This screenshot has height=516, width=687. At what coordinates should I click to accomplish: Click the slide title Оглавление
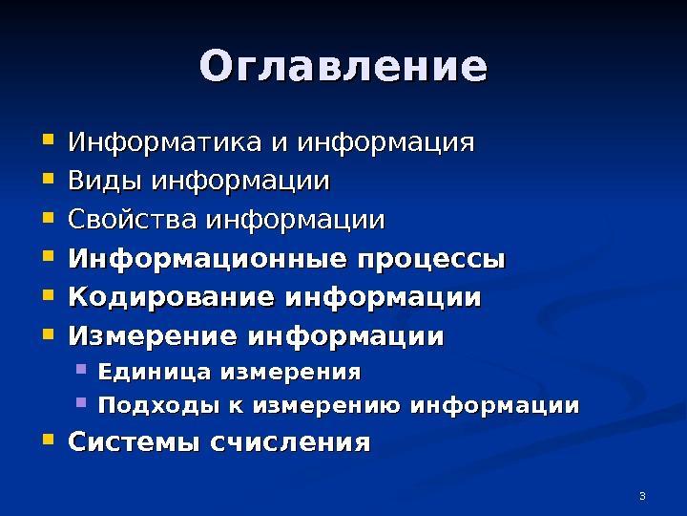point(343,66)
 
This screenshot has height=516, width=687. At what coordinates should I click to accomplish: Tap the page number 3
point(642,496)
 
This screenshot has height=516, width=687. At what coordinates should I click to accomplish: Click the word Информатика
point(165,142)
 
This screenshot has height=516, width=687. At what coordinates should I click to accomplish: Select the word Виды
point(105,181)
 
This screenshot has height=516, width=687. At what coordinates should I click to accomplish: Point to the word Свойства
point(132,219)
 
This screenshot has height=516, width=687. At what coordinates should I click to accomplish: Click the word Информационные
point(208,258)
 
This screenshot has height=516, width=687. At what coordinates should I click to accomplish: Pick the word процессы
point(431,260)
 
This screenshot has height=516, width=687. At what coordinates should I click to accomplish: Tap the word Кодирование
point(172,296)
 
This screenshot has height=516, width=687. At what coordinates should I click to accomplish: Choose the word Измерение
point(153,335)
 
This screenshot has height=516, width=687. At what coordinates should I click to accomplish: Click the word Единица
point(155,372)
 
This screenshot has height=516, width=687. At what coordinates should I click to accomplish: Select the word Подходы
point(158,405)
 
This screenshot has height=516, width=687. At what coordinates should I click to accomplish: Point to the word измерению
point(326,405)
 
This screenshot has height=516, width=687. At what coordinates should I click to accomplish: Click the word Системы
point(135,441)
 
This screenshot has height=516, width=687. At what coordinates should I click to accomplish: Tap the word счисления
point(290,442)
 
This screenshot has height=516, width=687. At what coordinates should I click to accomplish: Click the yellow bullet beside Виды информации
point(49,178)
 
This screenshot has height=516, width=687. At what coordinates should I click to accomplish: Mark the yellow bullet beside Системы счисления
point(49,440)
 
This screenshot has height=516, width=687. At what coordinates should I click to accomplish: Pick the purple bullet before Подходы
point(81,402)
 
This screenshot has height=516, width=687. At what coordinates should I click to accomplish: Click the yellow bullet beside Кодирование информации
point(49,294)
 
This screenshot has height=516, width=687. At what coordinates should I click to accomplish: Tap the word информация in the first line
point(386,143)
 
